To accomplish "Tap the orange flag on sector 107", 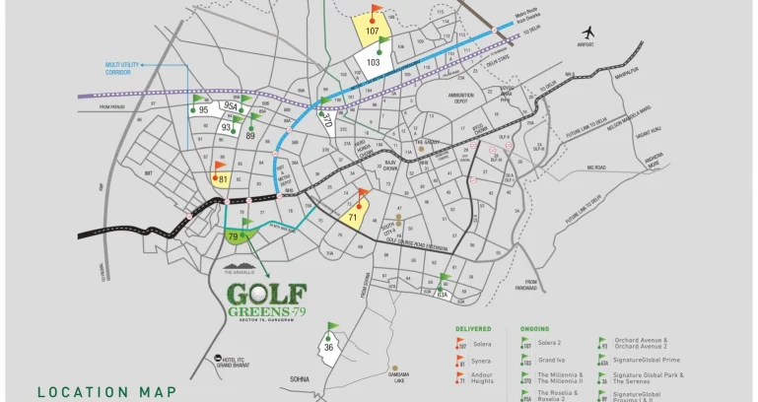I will (377, 12).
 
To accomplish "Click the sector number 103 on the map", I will (374, 61).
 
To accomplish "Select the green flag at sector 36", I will (332, 328).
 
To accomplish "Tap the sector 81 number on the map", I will (224, 179).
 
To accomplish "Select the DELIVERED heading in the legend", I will (473, 328).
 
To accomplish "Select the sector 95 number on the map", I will (203, 110).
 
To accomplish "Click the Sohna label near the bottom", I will (300, 378).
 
